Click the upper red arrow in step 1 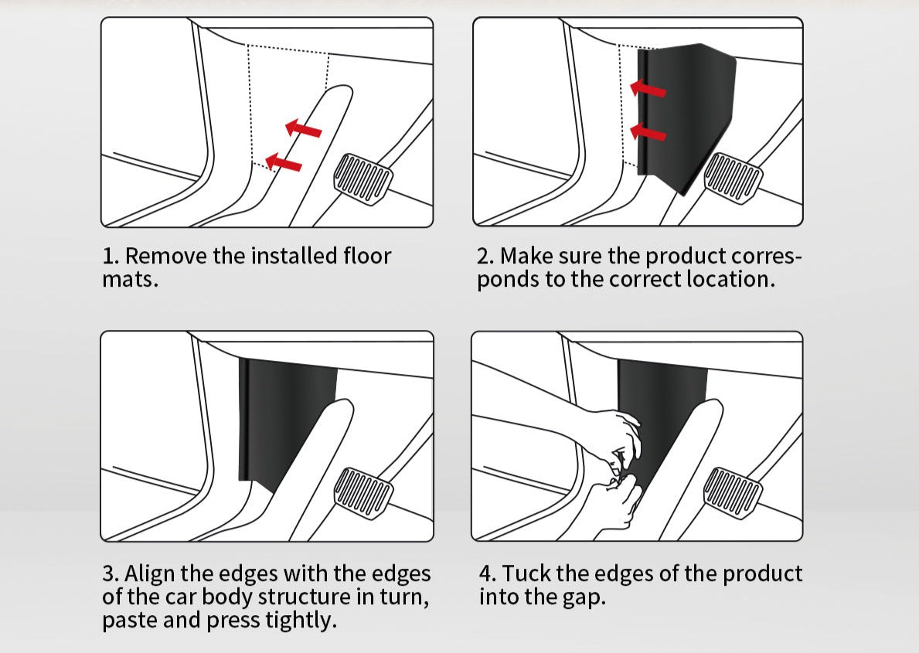tap(303, 129)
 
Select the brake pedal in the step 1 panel tap(363, 179)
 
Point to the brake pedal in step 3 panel tap(363, 493)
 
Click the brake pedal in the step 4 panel tap(733, 493)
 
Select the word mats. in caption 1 tap(130, 279)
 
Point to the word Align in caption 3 tap(149, 573)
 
